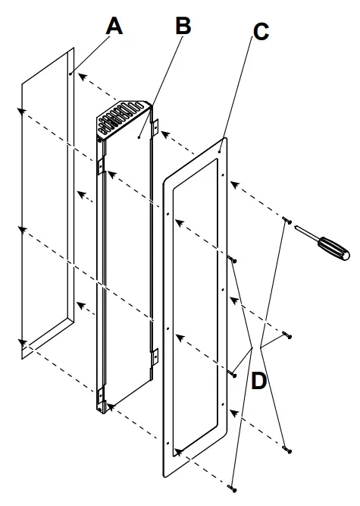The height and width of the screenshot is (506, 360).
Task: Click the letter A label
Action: (114, 26)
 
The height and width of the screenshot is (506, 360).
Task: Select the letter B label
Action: (183, 25)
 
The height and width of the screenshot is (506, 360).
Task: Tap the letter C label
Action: (260, 33)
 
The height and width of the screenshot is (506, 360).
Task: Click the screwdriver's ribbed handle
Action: (333, 247)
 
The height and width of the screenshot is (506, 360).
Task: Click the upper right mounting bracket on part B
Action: (155, 127)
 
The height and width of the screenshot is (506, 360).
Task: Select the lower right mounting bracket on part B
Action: (155, 354)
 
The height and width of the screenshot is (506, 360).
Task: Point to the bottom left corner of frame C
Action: (164, 477)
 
